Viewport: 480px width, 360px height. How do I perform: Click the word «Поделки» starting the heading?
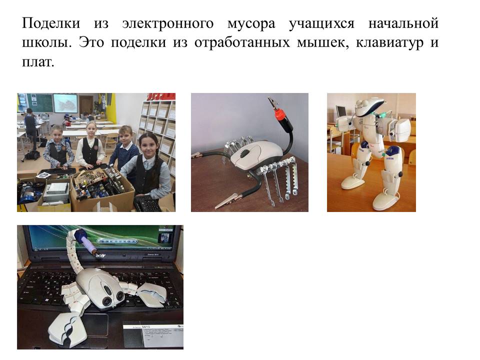51,23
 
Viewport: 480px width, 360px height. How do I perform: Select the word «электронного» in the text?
168,23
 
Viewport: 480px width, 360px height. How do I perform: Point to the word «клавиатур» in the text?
389,42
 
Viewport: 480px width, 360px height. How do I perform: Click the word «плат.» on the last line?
38,62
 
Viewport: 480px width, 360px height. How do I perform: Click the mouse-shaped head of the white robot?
369,105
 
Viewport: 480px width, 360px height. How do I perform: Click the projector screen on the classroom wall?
65,103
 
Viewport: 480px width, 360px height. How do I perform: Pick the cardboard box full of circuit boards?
102,190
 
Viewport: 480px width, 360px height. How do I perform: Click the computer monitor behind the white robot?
341,111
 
